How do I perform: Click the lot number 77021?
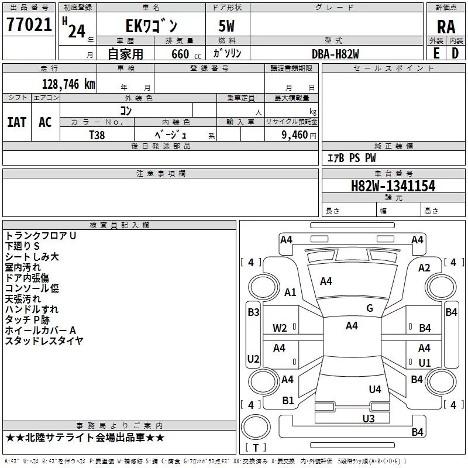(x=29, y=24)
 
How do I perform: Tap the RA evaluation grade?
(x=446, y=27)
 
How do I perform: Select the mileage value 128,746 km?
(x=68, y=84)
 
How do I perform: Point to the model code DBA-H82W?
(x=335, y=54)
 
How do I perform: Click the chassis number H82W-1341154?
(x=393, y=186)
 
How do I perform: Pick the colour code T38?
(x=97, y=135)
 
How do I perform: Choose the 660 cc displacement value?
(x=186, y=54)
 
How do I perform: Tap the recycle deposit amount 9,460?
(x=294, y=135)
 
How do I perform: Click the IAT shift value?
(x=17, y=122)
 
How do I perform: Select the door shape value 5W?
(x=226, y=26)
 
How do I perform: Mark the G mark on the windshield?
(x=370, y=308)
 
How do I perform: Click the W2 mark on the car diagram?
(x=280, y=328)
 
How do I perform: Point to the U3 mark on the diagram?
(x=369, y=419)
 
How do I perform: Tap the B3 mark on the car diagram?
(x=253, y=312)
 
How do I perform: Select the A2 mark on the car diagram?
(x=424, y=268)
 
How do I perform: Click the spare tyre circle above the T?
(x=256, y=427)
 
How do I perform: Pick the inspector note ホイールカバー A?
(x=40, y=330)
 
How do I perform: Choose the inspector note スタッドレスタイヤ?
(x=44, y=340)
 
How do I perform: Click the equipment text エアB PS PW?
(x=352, y=158)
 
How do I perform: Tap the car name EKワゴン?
(x=152, y=26)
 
